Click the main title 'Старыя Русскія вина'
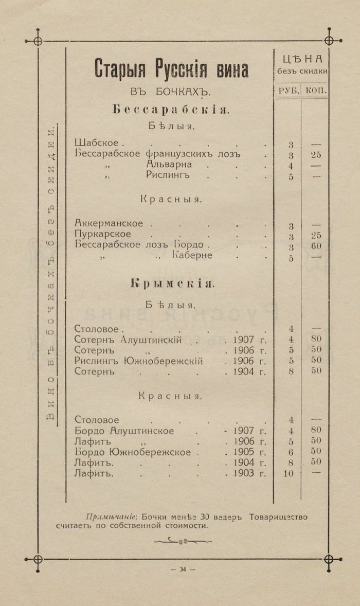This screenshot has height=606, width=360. pos(171,69)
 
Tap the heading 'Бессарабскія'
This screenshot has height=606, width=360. pos(170,109)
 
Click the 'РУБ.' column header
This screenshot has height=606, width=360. pos(286,90)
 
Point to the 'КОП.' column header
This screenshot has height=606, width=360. pos(315,90)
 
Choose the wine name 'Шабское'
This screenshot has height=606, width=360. pos(96,143)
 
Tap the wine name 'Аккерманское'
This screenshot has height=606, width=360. pos(109,224)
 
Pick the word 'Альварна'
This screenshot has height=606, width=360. pos(169,165)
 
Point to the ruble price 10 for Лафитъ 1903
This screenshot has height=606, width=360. pos(288,473)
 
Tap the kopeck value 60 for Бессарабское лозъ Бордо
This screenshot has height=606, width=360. pos(316,246)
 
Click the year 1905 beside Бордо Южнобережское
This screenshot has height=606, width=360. pos(243,452)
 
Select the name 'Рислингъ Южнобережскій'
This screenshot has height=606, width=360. pos(138,361)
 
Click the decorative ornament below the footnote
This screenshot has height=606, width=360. pos(183,541)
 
